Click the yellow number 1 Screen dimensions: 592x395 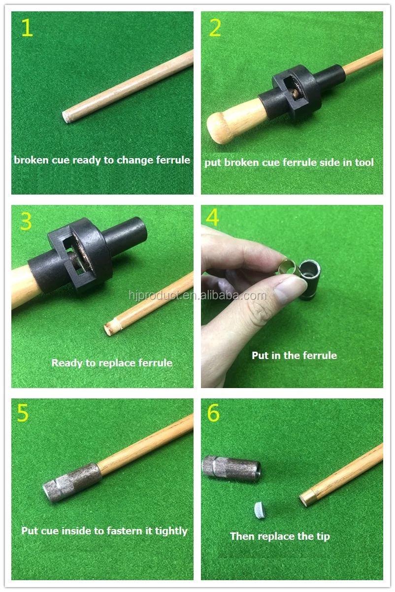tap(27, 29)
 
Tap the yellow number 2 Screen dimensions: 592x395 tap(215, 29)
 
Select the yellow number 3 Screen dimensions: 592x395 tap(26, 222)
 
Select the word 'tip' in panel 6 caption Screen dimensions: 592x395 tap(323, 536)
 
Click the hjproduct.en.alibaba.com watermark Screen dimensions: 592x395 tap(197, 296)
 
